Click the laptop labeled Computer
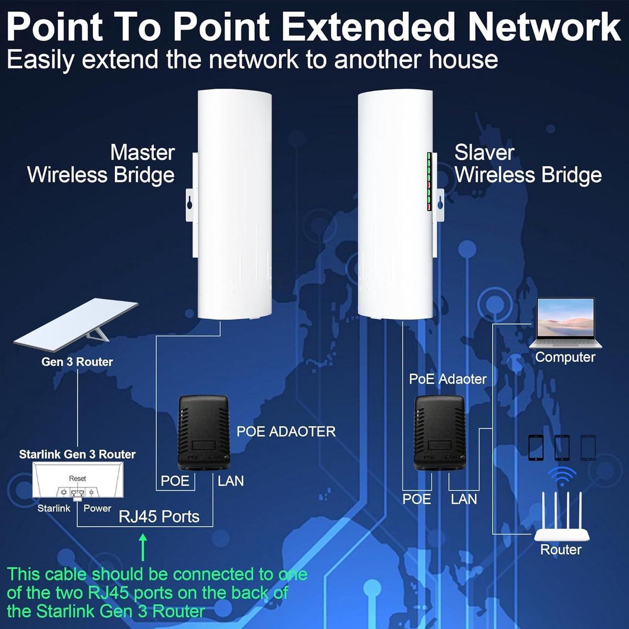(x=565, y=323)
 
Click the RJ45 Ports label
(x=159, y=516)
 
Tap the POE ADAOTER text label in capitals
(x=286, y=431)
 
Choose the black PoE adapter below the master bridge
(x=203, y=433)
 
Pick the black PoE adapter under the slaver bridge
(x=439, y=433)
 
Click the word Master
(x=143, y=152)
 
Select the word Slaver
(x=485, y=152)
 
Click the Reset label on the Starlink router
(x=77, y=479)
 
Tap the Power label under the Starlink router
(x=97, y=508)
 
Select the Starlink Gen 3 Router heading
(x=77, y=455)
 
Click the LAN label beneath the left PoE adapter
(x=231, y=481)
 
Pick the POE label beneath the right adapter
(x=417, y=499)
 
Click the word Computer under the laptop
(x=565, y=357)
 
